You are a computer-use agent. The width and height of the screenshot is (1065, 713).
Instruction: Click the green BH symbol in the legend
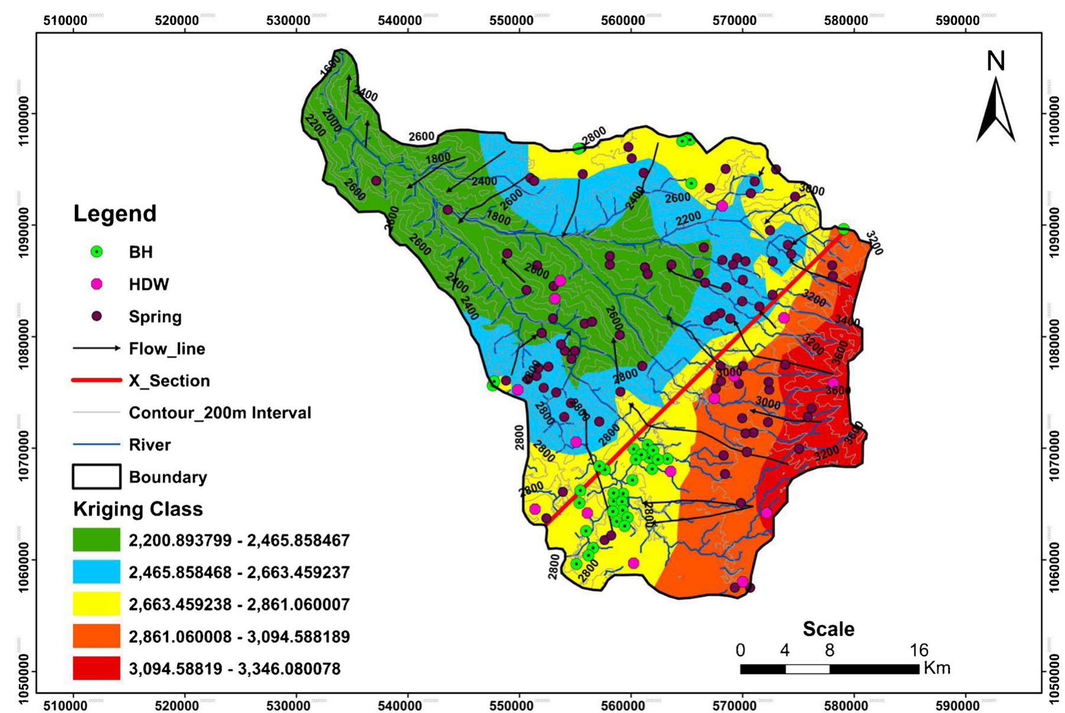[x=96, y=252]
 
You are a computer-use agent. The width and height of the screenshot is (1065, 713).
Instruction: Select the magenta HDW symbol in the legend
[x=96, y=284]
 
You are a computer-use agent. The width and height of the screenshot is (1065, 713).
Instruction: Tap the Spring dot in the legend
[x=96, y=316]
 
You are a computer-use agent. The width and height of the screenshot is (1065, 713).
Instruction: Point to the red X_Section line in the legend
[x=96, y=381]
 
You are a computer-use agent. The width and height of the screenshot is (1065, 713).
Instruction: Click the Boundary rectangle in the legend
[x=96, y=477]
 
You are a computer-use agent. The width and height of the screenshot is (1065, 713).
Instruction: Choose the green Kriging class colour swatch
[x=96, y=540]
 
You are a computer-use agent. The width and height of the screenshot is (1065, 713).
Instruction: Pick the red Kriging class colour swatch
[x=96, y=669]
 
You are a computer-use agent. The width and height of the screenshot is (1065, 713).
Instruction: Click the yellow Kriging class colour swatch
[x=96, y=604]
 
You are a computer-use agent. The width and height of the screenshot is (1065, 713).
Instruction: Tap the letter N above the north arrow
[x=996, y=61]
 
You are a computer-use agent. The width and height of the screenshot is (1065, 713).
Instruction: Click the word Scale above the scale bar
[x=828, y=629]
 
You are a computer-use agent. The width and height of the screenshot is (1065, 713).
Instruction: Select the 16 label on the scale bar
[x=919, y=650]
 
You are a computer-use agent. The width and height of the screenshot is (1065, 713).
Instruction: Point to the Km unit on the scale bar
[x=937, y=668]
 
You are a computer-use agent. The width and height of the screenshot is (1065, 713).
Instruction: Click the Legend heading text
[x=114, y=214]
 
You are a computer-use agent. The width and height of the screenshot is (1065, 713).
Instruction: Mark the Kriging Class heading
[x=137, y=509]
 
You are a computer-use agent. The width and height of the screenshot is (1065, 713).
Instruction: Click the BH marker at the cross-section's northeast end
[x=844, y=229]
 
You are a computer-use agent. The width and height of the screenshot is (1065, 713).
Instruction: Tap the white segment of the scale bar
[x=807, y=669]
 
